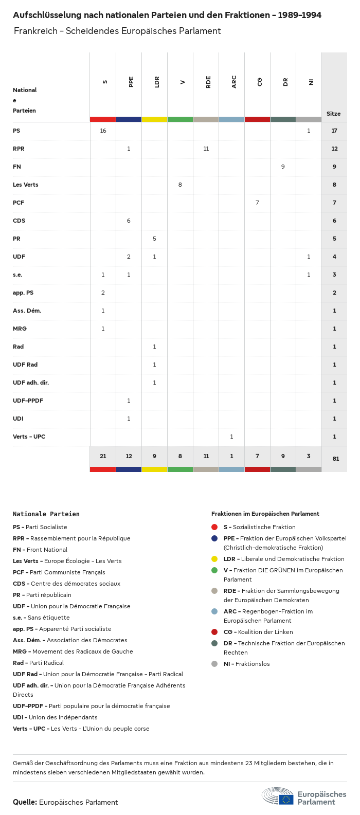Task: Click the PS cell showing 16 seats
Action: [x=103, y=131]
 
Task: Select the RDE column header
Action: [x=208, y=82]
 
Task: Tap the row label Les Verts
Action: [x=26, y=185]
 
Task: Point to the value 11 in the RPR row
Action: [x=206, y=149]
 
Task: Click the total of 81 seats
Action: [x=335, y=459]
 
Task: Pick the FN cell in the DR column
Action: [x=283, y=167]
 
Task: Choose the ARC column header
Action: [x=234, y=82]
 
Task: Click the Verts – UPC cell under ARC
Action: [x=231, y=437]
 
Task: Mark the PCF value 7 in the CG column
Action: [x=257, y=203]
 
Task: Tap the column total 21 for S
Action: [x=103, y=456]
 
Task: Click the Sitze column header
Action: [x=333, y=114]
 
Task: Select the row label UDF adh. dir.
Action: [x=31, y=383]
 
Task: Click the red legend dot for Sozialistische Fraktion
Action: [x=214, y=527]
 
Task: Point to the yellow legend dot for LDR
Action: [x=214, y=559]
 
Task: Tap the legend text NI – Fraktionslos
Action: [x=246, y=664]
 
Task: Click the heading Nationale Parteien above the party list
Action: [x=46, y=514]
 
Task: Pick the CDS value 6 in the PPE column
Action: [x=129, y=221]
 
